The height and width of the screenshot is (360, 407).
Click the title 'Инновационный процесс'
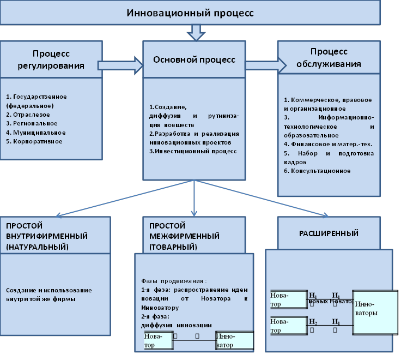190,13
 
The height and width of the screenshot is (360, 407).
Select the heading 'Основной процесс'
195,59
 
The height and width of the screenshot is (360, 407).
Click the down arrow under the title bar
195,33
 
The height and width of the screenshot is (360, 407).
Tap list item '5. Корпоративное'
34,141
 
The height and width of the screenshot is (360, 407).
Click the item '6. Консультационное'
317,171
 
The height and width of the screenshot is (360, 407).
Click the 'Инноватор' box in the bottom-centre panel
235,340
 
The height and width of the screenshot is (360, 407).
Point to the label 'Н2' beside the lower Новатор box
313,322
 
